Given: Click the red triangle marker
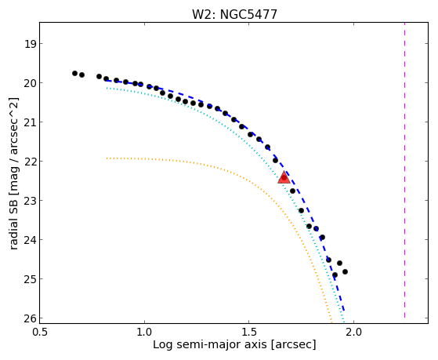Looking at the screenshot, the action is [x=284, y=177].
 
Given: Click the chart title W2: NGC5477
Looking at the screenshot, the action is [x=234, y=15].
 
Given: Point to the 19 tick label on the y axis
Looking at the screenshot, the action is [x=30, y=44].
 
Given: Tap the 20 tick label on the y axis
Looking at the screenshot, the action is [x=30, y=83].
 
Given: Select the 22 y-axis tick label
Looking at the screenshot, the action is [x=30, y=162].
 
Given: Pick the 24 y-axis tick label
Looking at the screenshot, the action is [x=30, y=240].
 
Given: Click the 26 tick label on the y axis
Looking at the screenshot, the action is [x=30, y=318].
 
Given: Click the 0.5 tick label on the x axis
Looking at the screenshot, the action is [x=40, y=332].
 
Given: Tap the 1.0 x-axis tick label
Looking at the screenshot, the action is [x=144, y=332].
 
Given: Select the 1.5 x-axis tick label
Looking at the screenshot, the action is [x=249, y=332].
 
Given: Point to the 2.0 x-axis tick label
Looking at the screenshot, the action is [x=354, y=332].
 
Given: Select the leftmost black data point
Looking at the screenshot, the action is [x=74, y=73].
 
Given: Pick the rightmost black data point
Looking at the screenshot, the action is [x=345, y=271].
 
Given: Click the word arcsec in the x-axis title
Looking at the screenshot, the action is [x=293, y=345].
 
